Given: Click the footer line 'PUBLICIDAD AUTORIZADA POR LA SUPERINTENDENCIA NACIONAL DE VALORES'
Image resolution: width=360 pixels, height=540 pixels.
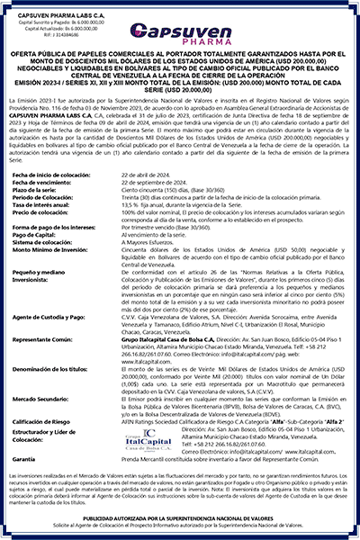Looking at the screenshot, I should tap(180, 519).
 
